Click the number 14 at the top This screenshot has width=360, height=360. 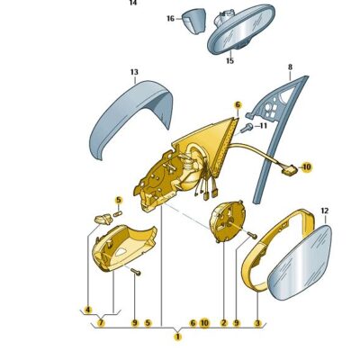(x=133, y=3)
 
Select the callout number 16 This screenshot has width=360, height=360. (x=170, y=19)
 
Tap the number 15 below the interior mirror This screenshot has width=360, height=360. (x=229, y=61)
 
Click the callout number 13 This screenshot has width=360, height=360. (x=134, y=72)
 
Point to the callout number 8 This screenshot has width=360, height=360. (x=290, y=67)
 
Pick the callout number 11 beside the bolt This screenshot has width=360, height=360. (x=263, y=125)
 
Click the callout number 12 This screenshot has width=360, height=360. (x=325, y=211)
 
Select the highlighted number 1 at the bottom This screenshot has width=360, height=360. (x=178, y=337)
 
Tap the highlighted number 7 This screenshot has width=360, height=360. (x=101, y=323)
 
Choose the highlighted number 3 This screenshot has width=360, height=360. (x=257, y=323)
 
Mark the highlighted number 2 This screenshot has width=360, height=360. (x=224, y=323)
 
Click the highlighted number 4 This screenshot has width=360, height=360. (x=88, y=310)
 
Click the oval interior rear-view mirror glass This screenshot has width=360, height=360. (x=241, y=29)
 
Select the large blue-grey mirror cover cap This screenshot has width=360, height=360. (x=132, y=115)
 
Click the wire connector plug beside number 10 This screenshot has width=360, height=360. (x=290, y=171)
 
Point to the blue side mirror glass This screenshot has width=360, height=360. (x=300, y=263)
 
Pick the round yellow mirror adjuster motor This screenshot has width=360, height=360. (x=228, y=220)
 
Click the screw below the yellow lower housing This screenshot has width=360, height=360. (x=136, y=272)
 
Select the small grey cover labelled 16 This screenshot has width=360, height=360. (x=194, y=21)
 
